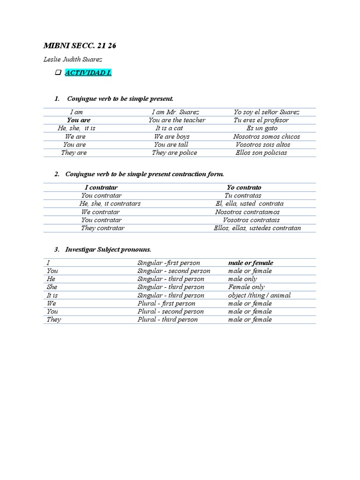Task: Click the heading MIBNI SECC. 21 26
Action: (80, 45)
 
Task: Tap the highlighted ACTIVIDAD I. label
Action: (88, 73)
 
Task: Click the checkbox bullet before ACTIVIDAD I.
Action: (58, 73)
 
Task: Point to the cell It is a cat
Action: (170, 128)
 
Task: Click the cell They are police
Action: (174, 152)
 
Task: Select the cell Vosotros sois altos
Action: (263, 144)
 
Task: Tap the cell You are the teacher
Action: (177, 120)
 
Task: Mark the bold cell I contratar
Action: (101, 187)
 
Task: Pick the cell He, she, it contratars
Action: (110, 204)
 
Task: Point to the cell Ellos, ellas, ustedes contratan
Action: (257, 228)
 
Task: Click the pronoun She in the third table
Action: (52, 287)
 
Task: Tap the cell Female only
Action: (247, 287)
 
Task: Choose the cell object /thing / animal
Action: (259, 295)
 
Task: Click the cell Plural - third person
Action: (167, 320)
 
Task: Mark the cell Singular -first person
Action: (168, 263)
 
